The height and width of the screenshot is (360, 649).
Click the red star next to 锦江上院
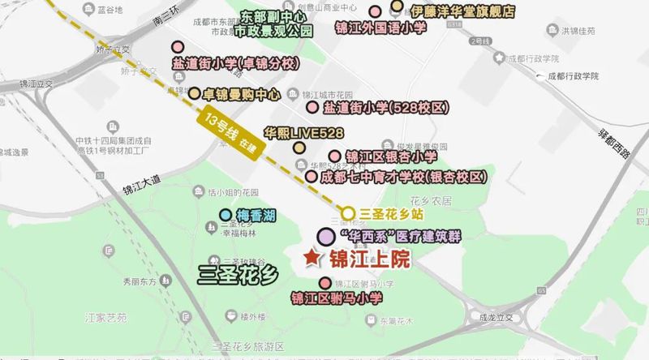[312, 258]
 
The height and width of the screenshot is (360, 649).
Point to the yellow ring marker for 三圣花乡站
[347, 213]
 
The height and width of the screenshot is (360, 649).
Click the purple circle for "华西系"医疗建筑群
[325, 236]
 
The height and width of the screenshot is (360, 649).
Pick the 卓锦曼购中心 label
[241, 93]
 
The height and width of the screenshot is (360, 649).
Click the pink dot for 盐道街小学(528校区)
[312, 107]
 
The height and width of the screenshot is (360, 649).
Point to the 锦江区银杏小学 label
[391, 156]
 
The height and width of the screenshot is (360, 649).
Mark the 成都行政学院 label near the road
[565, 75]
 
